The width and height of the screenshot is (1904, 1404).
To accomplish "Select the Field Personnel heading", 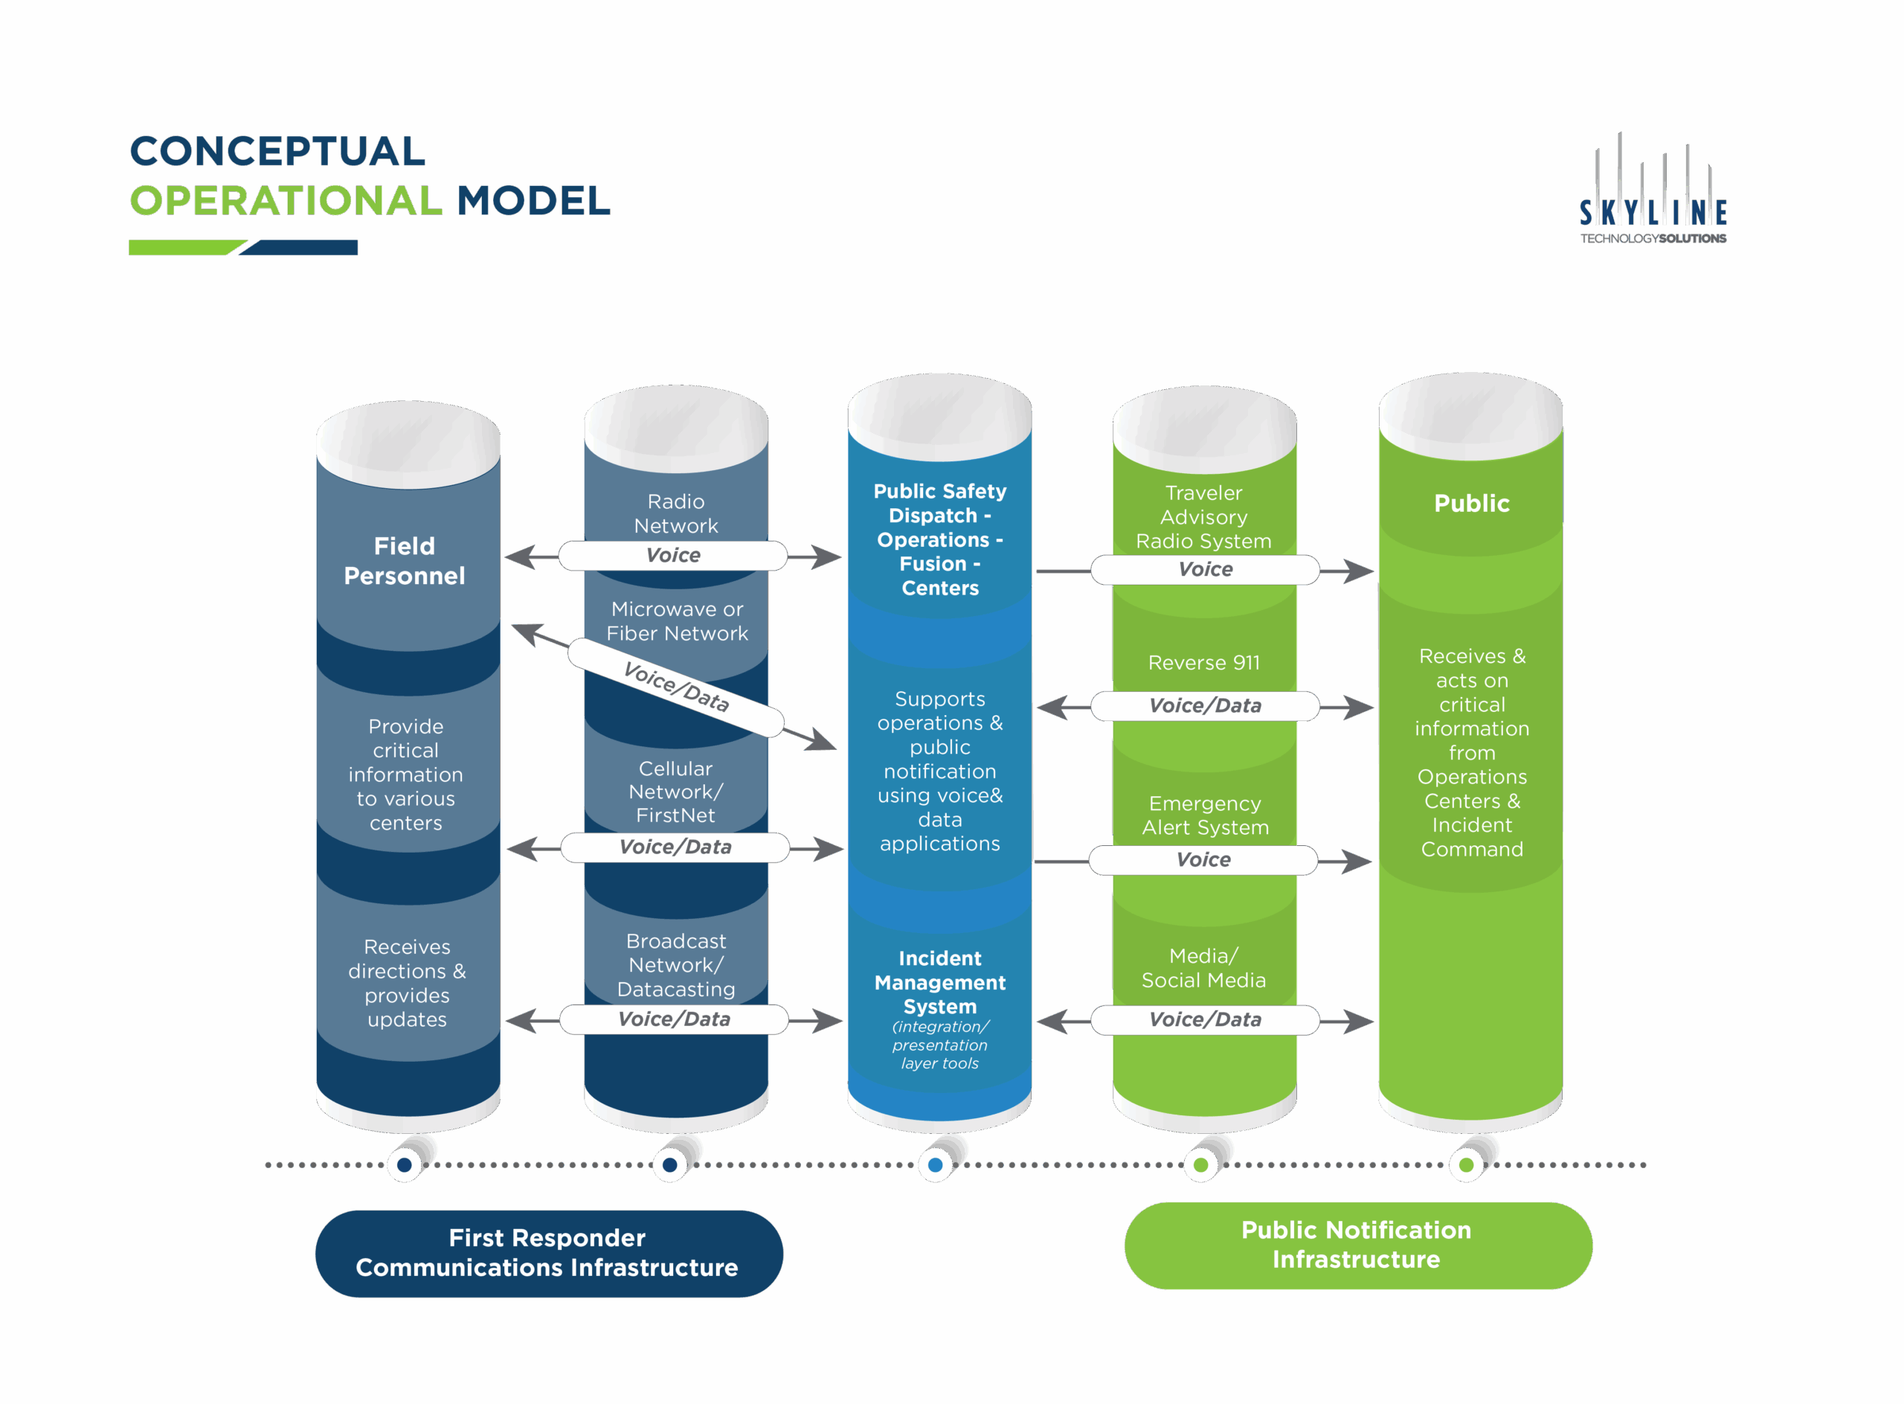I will [x=405, y=561].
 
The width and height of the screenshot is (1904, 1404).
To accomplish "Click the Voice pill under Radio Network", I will [x=673, y=556].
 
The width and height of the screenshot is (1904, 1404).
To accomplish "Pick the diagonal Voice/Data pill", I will [x=676, y=687].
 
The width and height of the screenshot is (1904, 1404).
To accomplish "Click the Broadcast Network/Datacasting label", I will [x=675, y=964].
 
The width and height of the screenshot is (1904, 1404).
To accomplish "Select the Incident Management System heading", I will [x=939, y=981].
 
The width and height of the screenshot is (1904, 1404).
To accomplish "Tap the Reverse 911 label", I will [x=1204, y=663].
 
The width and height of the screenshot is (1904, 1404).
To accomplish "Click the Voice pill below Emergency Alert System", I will [x=1203, y=860].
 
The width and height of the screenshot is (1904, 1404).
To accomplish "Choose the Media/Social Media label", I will [x=1203, y=968].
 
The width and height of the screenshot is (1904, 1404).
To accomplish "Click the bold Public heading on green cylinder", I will [x=1472, y=503].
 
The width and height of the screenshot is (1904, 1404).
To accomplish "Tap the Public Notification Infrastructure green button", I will [x=1357, y=1245].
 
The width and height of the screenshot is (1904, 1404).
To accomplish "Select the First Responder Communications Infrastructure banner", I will [x=548, y=1253].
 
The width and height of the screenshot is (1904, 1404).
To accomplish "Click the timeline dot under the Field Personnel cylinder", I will [x=405, y=1165].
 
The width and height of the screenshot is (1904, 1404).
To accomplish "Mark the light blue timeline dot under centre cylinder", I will [x=936, y=1165].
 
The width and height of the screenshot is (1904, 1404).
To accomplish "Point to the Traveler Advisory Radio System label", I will [x=1203, y=516].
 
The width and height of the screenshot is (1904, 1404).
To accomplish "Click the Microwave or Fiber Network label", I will [x=676, y=621].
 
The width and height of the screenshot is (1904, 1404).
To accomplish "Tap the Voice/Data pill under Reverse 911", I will [x=1205, y=705].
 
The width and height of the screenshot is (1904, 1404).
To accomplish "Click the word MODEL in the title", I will [x=533, y=202].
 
